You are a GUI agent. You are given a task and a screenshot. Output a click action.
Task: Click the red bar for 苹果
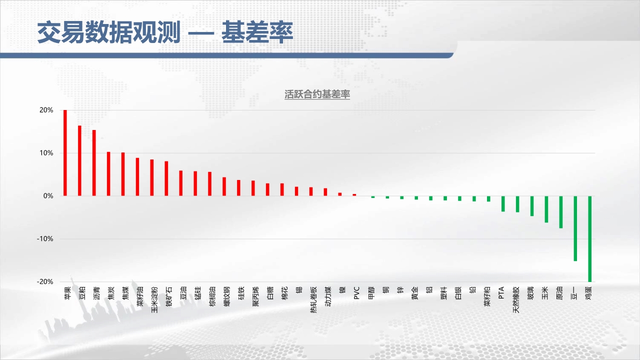pyautogui.click(x=65, y=153)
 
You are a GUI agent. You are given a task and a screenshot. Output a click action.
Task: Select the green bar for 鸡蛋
pyautogui.click(x=589, y=239)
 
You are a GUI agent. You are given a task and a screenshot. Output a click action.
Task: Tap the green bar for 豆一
pyautogui.click(x=575, y=228)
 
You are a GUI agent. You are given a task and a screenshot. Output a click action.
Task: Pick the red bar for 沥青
pyautogui.click(x=94, y=163)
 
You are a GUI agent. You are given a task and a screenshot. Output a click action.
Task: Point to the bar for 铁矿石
pyautogui.click(x=166, y=178)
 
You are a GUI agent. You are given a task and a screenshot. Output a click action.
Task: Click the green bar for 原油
pyautogui.click(x=561, y=212)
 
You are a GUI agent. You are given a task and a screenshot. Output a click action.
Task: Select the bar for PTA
pyautogui.click(x=503, y=203)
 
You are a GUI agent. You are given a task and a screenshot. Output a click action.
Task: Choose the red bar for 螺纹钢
pyautogui.click(x=224, y=186)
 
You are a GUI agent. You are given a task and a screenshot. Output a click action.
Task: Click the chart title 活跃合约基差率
pyautogui.click(x=317, y=94)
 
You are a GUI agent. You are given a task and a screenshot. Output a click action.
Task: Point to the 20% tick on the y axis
pyautogui.click(x=46, y=110)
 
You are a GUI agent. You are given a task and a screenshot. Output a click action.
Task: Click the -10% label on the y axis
pyautogui.click(x=45, y=239)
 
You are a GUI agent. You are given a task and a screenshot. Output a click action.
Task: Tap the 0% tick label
pyautogui.click(x=48, y=196)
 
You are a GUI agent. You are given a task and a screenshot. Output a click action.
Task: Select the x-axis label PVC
pyautogui.click(x=356, y=293)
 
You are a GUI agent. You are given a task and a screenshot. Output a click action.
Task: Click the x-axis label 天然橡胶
pyautogui.click(x=516, y=299)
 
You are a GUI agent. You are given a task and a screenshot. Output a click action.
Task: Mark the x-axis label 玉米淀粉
pyautogui.click(x=154, y=299)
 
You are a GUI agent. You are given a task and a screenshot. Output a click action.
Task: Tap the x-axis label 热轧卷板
pyautogui.click(x=313, y=299)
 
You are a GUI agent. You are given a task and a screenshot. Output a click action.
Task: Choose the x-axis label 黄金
pyautogui.click(x=415, y=293)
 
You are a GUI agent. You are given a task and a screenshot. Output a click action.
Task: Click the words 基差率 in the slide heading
pyautogui.click(x=257, y=32)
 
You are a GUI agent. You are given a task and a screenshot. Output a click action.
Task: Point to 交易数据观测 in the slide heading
pyautogui.click(x=109, y=32)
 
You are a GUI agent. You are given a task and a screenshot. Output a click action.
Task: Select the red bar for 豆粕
pyautogui.click(x=79, y=160)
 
